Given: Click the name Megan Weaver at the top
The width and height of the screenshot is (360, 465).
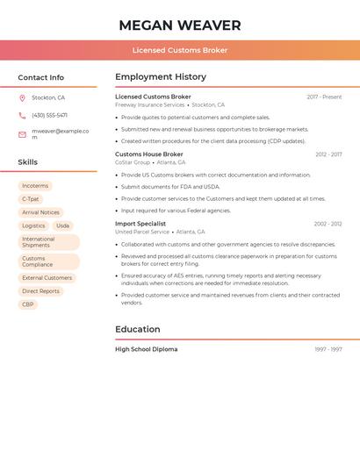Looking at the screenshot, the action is point(179,25).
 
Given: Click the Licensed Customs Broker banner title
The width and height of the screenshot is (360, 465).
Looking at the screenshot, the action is point(179,50).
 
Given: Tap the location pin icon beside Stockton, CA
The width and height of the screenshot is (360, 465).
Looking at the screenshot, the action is point(22,98).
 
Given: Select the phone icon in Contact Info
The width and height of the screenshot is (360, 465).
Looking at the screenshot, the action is point(22,116).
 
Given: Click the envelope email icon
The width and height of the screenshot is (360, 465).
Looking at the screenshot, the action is point(22,134).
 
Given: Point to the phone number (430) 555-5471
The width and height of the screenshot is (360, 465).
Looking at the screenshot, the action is point(49,116).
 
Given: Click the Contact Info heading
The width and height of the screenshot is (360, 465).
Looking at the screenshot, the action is point(40,77).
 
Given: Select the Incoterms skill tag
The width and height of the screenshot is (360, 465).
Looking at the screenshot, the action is point(35,186).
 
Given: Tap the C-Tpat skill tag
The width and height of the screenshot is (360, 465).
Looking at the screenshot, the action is point(31,199).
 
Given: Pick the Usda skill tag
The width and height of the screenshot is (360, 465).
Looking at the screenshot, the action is point(62,225).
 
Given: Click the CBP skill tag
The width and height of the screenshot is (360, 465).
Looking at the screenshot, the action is point(28,304).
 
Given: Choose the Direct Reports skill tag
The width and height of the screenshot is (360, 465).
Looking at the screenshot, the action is point(41,291).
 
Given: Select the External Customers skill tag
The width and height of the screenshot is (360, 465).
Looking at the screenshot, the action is point(47,278).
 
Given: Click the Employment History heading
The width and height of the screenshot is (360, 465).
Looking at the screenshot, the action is point(161,77).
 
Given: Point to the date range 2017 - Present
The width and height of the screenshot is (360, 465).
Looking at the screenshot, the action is point(324,97).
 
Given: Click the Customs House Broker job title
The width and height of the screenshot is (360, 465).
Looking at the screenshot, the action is point(149,154).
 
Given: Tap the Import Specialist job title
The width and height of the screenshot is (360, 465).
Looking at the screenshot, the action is point(140,224).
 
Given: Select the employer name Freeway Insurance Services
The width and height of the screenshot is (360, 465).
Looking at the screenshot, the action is point(150,105).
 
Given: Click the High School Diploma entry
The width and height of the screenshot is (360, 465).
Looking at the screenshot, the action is point(146,349).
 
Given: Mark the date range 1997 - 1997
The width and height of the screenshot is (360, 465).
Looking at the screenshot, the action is point(328,350).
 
